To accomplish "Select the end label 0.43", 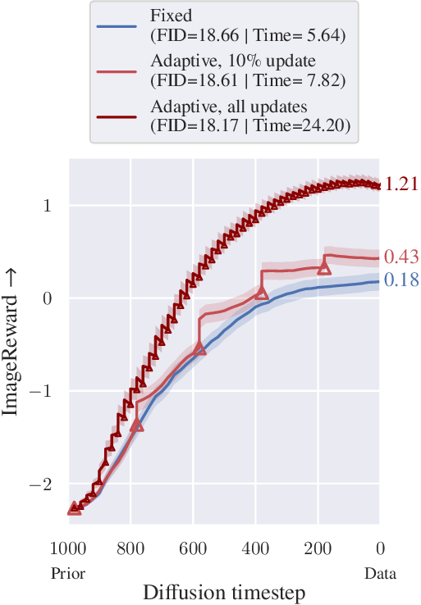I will (x=400, y=257).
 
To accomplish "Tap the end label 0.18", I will (x=400, y=280).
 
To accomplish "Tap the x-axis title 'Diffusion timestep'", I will (x=223, y=590).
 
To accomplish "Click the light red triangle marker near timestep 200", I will (x=324, y=267).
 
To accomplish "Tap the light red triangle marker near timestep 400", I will (x=262, y=293).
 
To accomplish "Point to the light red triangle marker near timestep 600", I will (x=199, y=348).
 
